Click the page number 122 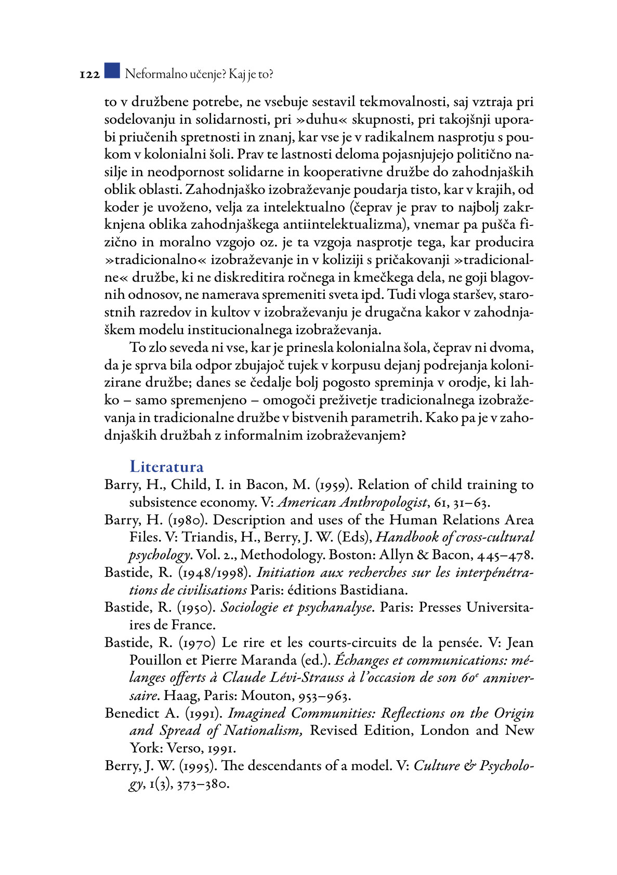click(89, 75)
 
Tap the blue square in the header click(112, 71)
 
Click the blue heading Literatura click(166, 467)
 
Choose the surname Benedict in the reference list click(132, 713)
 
